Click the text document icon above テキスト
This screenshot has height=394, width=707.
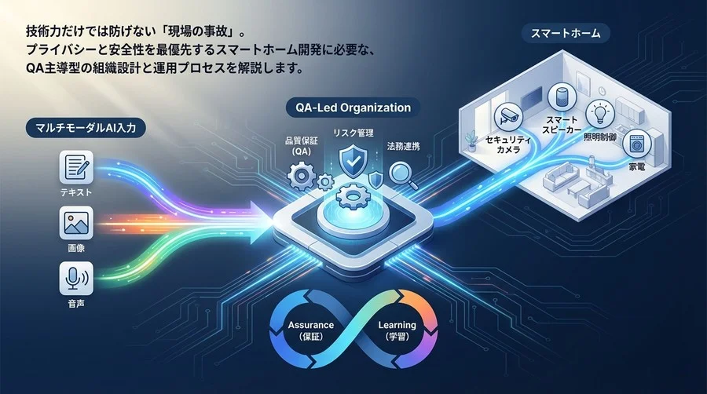[76, 167]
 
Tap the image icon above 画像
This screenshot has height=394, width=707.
[76, 223]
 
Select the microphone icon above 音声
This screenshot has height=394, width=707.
[76, 279]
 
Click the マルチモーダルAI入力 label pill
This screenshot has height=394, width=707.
[86, 128]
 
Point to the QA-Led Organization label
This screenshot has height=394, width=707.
[353, 108]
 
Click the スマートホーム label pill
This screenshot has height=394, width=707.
[566, 33]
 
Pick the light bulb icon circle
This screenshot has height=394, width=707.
[600, 114]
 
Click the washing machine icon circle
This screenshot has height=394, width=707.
[637, 143]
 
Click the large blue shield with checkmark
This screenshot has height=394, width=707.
[353, 160]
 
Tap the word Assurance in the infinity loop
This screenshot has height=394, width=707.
[311, 325]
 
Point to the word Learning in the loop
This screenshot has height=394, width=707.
[397, 325]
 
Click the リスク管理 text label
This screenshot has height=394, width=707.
[353, 133]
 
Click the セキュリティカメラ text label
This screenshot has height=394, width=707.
[508, 144]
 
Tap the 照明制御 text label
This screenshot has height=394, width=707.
[600, 137]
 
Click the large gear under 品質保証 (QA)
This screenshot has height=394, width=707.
[302, 177]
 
